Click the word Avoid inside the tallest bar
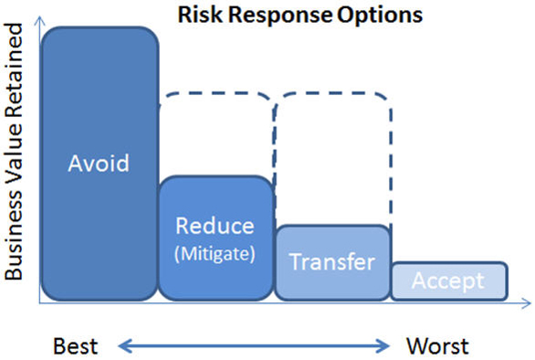click(99, 164)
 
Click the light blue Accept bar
click(449, 281)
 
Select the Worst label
click(437, 345)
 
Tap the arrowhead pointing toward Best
click(124, 344)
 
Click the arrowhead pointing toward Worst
click(386, 344)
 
